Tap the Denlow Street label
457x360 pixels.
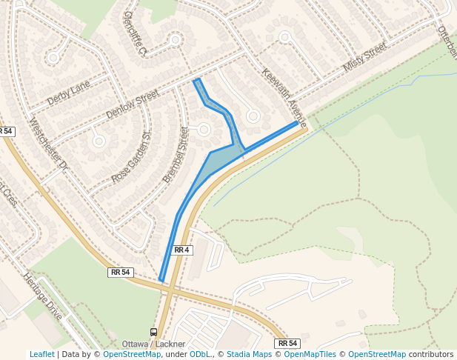tap(133, 104)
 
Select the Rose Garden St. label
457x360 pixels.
tap(131, 158)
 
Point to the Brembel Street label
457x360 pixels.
tap(176, 155)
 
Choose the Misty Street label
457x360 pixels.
tap(365, 57)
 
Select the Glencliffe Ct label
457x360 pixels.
tap(136, 32)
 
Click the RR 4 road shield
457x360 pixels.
tap(182, 250)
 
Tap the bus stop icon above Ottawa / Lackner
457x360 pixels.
tap(153, 332)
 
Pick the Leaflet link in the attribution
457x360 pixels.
tap(41, 354)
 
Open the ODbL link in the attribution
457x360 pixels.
tap(200, 354)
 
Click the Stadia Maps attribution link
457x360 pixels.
tap(249, 354)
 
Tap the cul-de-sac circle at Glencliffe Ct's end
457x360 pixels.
tap(176, 39)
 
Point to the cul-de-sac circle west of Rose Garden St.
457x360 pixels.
tap(99, 141)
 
